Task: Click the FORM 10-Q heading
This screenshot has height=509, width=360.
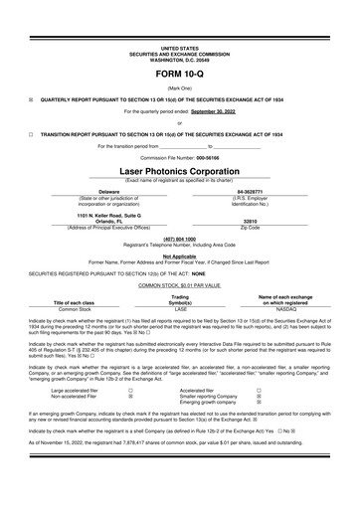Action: click(179, 77)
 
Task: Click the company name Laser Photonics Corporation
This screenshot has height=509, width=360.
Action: click(179, 170)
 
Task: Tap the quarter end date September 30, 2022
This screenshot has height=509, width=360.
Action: click(217, 112)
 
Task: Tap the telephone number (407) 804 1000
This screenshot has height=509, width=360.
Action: click(179, 239)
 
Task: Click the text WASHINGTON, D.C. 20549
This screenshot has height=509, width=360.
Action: click(179, 58)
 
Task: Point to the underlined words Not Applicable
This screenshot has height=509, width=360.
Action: click(179, 255)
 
